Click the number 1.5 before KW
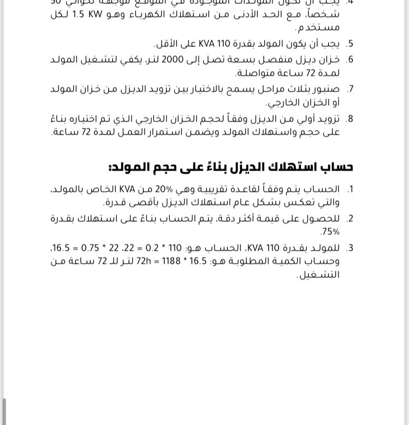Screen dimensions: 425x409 115,15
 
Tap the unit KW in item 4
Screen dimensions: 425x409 100,15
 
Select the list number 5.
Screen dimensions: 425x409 350,44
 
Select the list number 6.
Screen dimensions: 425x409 350,59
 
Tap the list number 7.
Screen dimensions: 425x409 350,89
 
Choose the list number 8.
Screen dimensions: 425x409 350,118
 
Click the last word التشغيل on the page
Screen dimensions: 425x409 318,275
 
